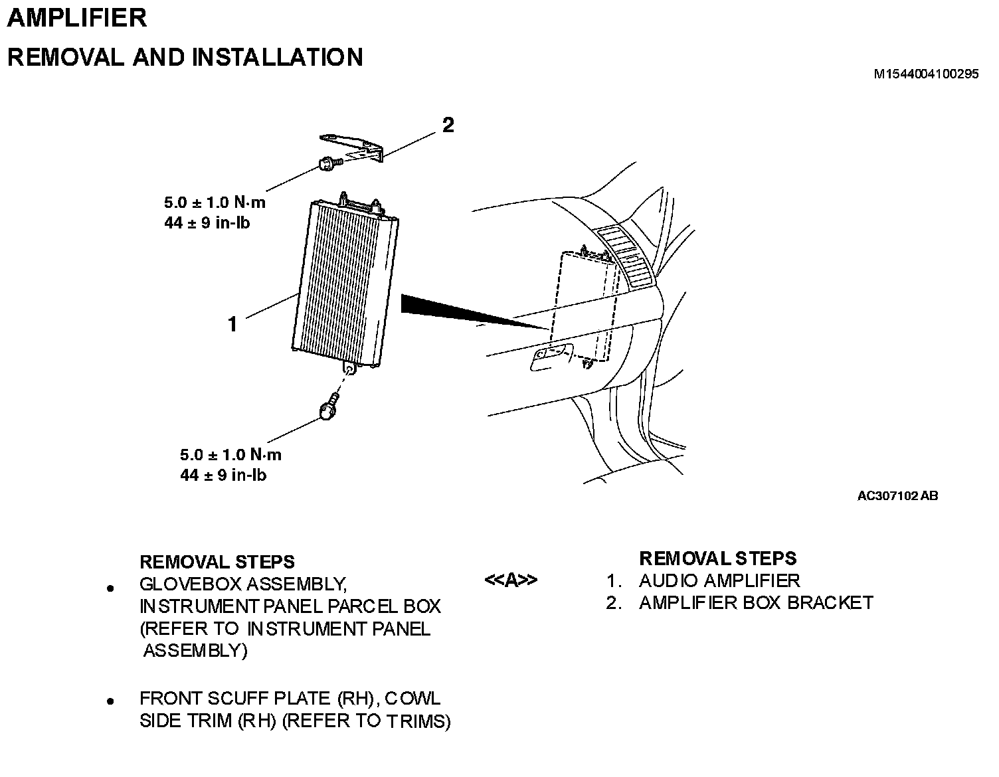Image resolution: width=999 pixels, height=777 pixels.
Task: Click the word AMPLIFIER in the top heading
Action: point(76,17)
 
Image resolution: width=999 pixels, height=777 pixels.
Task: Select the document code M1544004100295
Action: point(925,74)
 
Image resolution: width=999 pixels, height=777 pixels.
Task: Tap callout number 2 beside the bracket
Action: point(448,125)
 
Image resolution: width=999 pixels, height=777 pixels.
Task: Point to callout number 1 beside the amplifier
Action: point(232,325)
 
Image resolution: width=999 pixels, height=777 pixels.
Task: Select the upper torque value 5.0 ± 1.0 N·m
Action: point(215,203)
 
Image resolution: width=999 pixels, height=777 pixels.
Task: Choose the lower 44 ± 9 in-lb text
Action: point(223,475)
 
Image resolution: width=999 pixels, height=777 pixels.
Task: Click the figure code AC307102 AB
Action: point(897,495)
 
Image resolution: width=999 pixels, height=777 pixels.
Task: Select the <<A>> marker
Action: point(510,580)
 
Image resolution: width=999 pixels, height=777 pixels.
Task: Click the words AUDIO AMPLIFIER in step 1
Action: point(719,580)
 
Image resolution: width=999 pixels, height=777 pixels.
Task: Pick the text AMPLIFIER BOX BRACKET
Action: point(756,602)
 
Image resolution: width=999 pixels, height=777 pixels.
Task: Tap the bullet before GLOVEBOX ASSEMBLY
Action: point(111,588)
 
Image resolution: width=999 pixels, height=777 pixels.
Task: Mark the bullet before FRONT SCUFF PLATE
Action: point(111,701)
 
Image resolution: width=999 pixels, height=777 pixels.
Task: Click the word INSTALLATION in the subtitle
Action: point(278,57)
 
